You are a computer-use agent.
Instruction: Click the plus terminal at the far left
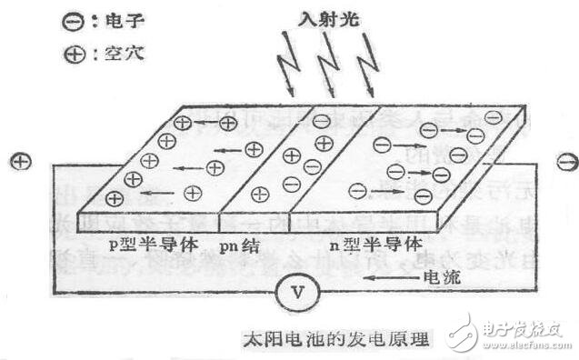click(x=20, y=162)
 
